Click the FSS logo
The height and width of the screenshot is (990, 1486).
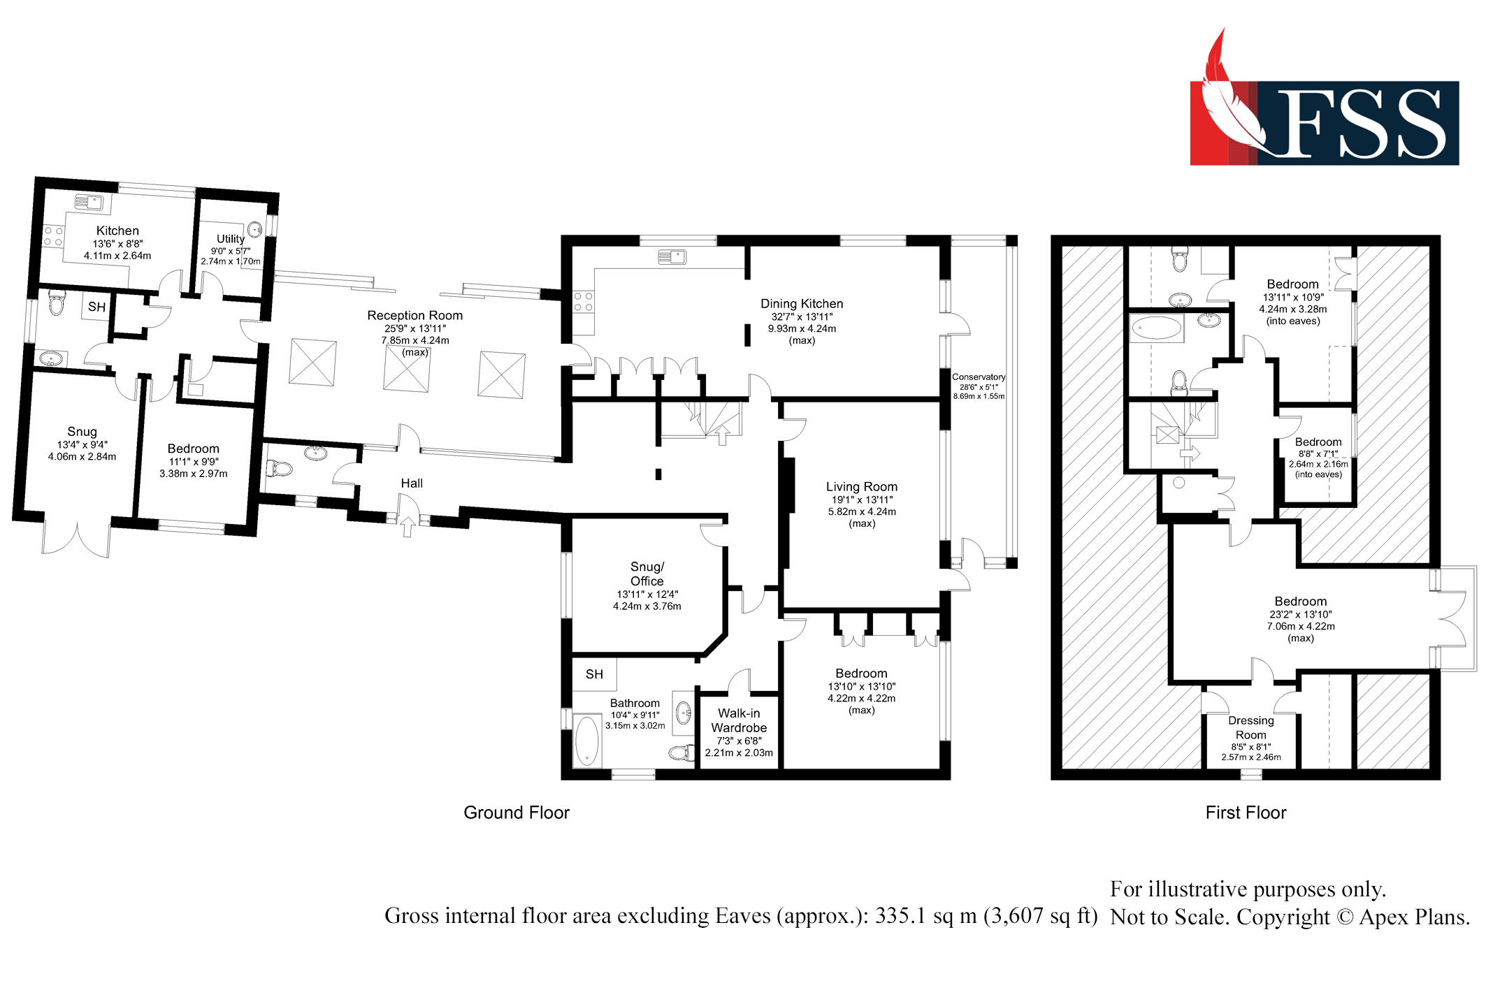(1324, 112)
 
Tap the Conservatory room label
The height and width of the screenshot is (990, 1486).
(978, 377)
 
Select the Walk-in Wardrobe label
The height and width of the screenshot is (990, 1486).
(739, 720)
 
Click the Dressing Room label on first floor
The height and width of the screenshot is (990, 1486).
(1250, 727)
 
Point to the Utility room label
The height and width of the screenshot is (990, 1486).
(230, 239)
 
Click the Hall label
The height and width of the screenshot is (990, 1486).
(412, 483)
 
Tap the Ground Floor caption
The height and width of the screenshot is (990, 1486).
(516, 813)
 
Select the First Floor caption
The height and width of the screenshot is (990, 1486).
(1246, 813)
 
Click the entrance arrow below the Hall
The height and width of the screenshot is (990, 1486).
(407, 525)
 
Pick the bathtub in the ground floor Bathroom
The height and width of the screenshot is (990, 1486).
(587, 741)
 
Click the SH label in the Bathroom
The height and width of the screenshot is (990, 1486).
(594, 674)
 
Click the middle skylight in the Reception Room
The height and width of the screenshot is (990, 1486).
(406, 367)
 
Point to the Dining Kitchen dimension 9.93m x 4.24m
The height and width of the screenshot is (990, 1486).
(802, 328)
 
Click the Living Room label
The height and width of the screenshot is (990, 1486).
(861, 487)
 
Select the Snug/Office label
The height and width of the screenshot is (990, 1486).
(647, 574)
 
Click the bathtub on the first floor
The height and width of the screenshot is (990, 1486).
(1156, 328)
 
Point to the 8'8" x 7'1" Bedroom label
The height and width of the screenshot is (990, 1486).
(1318, 442)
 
